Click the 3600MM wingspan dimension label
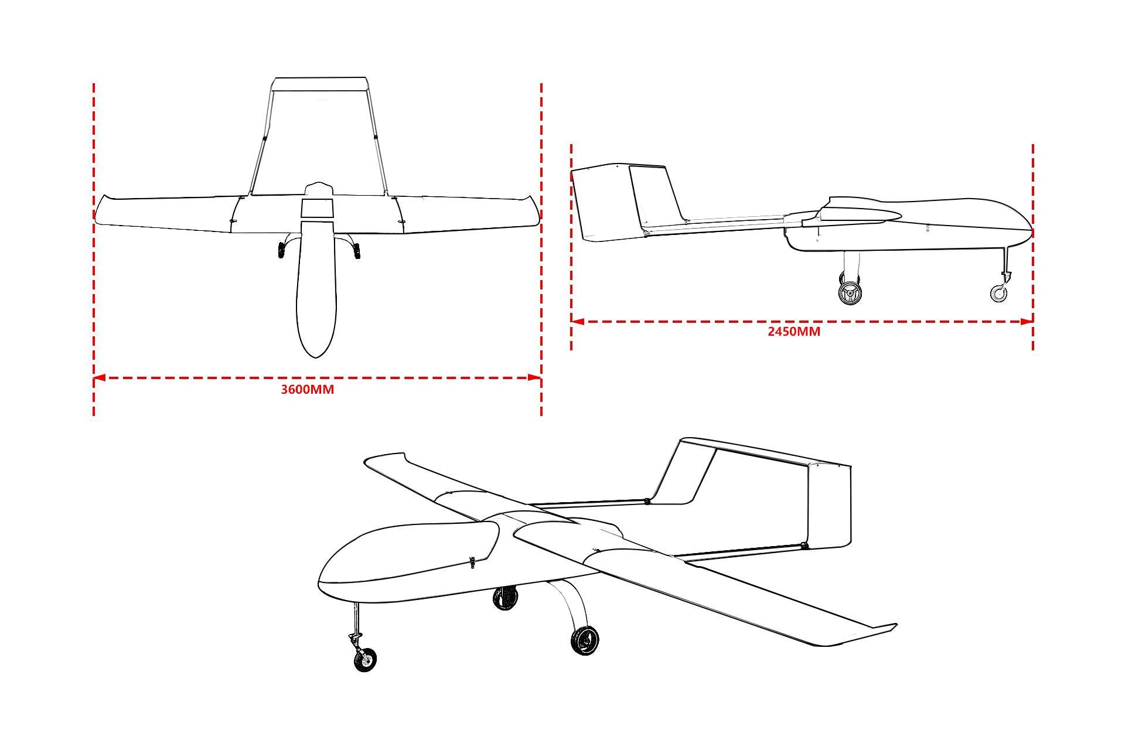click(x=308, y=390)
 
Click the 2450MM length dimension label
click(x=794, y=332)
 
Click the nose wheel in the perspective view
click(x=366, y=662)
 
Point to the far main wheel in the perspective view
click(x=505, y=598)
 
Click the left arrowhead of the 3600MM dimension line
click(x=99, y=378)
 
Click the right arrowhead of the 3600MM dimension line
click(x=535, y=378)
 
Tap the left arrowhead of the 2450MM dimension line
click(x=578, y=321)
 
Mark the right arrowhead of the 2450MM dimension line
click(x=1027, y=321)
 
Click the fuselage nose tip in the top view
click(x=316, y=357)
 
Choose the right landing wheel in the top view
click(x=357, y=251)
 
